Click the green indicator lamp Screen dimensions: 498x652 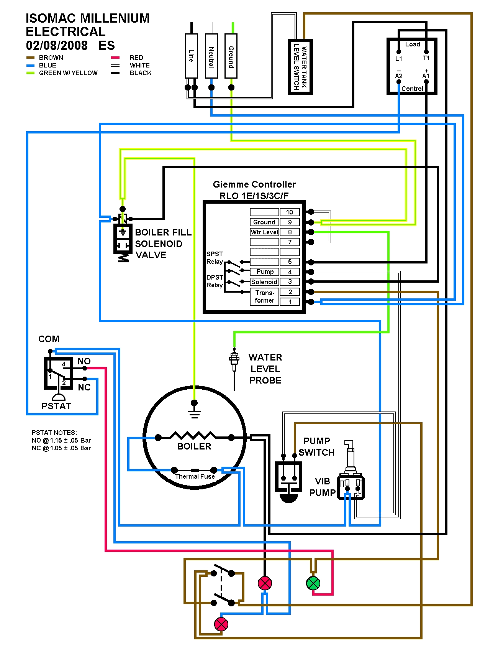pyautogui.click(x=313, y=584)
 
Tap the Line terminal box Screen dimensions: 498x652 pyautogui.click(x=192, y=56)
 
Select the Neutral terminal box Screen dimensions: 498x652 pyautogui.click(x=211, y=56)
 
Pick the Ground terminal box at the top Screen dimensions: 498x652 pyautogui.click(x=231, y=56)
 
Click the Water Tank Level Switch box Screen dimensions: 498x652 pyautogui.click(x=300, y=67)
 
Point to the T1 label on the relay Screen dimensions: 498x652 pyautogui.click(x=426, y=58)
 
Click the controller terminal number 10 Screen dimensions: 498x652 pyautogui.click(x=290, y=212)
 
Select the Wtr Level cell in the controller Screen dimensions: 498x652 pyautogui.click(x=264, y=232)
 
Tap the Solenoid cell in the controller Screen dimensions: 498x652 pyautogui.click(x=264, y=282)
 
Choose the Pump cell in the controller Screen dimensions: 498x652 pyautogui.click(x=265, y=272)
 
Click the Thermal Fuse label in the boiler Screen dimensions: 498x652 pyautogui.click(x=195, y=476)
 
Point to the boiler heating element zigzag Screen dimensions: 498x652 pyautogui.click(x=193, y=436)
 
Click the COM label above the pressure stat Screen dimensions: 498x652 pyautogui.click(x=49, y=339)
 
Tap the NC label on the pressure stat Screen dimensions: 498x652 pyautogui.click(x=84, y=387)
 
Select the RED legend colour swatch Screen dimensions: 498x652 pyautogui.click(x=115, y=58)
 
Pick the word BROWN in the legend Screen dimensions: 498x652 pyautogui.click(x=51, y=58)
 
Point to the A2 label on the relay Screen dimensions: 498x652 pyautogui.click(x=399, y=76)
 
